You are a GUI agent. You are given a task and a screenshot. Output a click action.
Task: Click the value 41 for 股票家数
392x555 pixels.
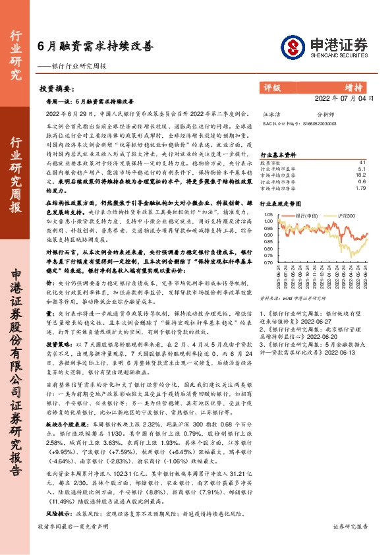coord(362,162)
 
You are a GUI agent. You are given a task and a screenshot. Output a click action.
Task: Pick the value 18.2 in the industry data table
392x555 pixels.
coord(360,175)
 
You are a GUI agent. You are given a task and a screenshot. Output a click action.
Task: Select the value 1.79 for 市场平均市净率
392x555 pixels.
coord(360,189)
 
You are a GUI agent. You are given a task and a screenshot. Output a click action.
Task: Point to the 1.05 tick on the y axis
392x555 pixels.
coord(268,214)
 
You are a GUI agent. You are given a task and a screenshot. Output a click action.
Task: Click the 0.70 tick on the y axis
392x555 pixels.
coord(268,262)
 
